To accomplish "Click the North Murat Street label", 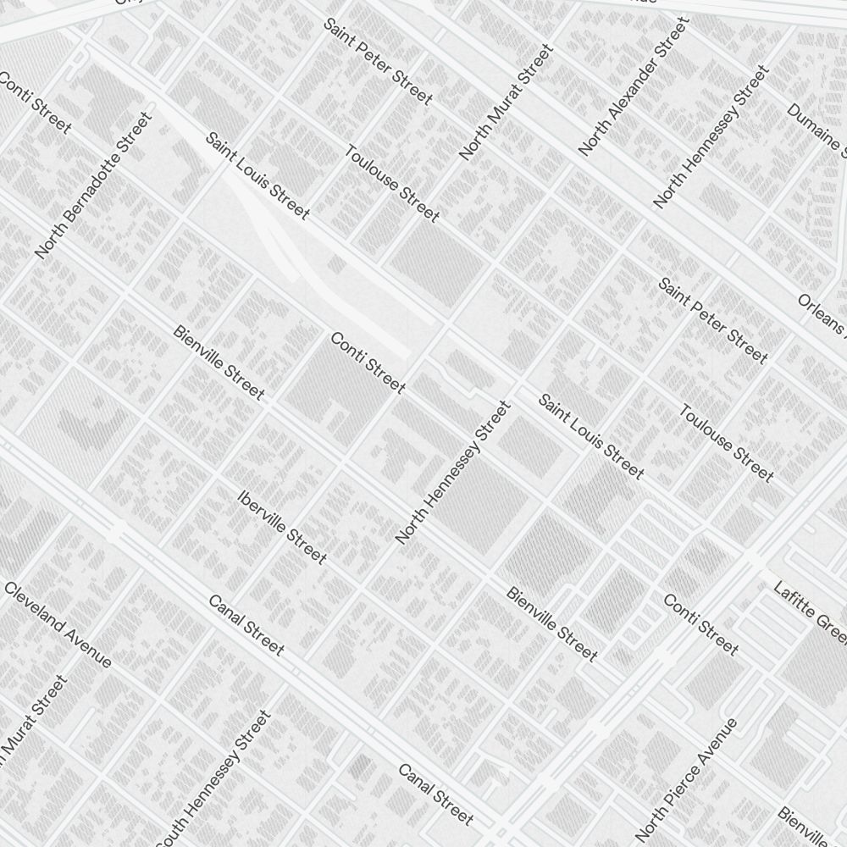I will pyautogui.click(x=506, y=102).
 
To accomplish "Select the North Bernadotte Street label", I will pyautogui.click(x=93, y=185).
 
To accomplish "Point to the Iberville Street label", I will pyautogui.click(x=282, y=528).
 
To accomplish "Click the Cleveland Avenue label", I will pyautogui.click(x=58, y=624).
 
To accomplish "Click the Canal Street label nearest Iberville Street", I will pyautogui.click(x=246, y=625).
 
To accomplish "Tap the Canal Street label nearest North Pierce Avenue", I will pyautogui.click(x=435, y=794).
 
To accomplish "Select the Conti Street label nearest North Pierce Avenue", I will pyautogui.click(x=700, y=625).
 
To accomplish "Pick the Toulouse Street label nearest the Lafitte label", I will pyautogui.click(x=726, y=442).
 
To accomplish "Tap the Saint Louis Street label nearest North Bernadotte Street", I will pyautogui.click(x=257, y=176).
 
